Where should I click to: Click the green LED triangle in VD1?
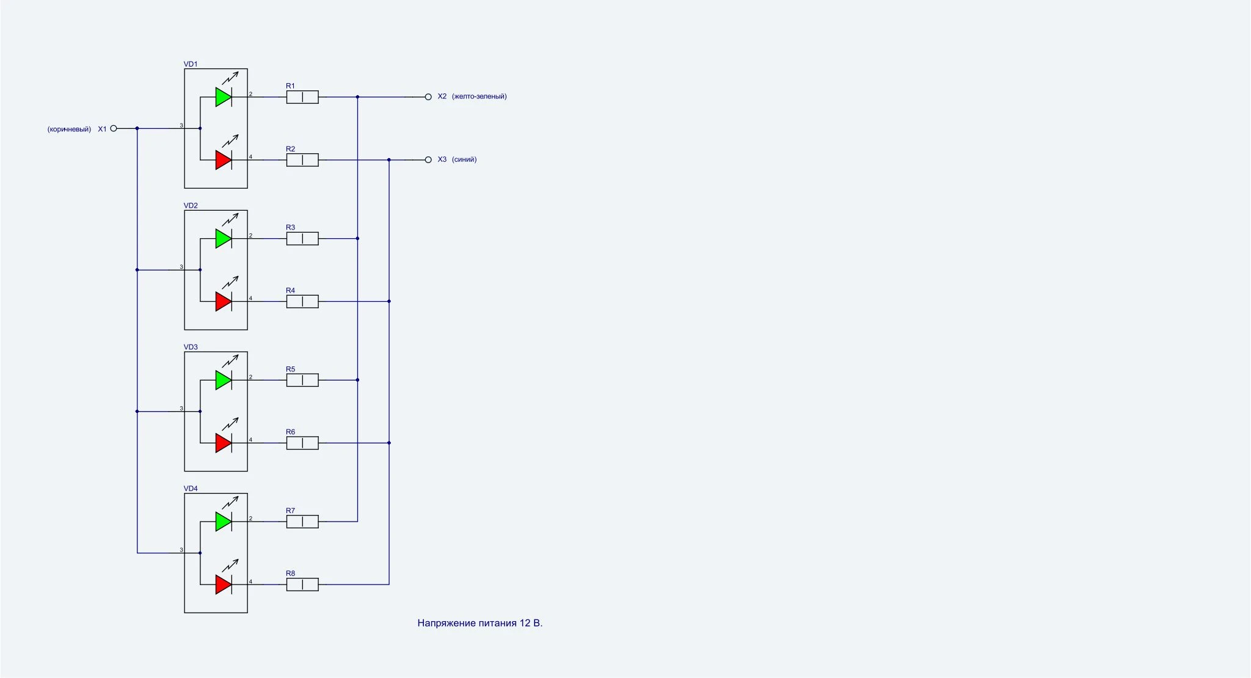click(x=223, y=97)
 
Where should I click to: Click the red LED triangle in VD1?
click(x=223, y=160)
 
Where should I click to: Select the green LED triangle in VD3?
click(x=223, y=380)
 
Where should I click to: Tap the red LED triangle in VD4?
click(x=223, y=585)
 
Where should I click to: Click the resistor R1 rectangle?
click(x=302, y=97)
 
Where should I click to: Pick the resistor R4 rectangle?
click(x=302, y=301)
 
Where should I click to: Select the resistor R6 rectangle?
click(x=302, y=443)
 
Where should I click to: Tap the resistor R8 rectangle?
click(x=302, y=585)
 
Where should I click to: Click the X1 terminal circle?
click(x=113, y=128)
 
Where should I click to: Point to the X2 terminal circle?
click(x=428, y=97)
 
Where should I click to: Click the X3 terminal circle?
click(x=428, y=160)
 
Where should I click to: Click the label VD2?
click(x=191, y=206)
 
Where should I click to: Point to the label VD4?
click(x=191, y=489)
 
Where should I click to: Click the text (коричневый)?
click(x=69, y=129)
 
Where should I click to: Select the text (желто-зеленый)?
click(x=480, y=97)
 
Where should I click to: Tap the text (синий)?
click(x=464, y=159)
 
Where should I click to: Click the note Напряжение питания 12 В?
click(x=480, y=623)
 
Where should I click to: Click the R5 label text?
click(x=290, y=370)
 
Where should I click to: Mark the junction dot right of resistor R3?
click(x=357, y=238)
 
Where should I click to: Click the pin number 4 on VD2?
click(x=250, y=299)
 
